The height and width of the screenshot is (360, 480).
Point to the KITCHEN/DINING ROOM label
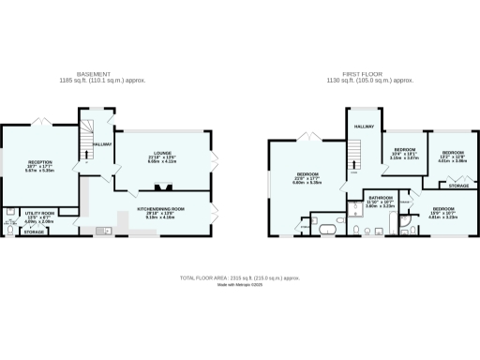[x=160, y=210]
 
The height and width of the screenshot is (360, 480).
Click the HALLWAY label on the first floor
[x=363, y=126]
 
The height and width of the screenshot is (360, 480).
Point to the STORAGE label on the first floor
[x=458, y=186]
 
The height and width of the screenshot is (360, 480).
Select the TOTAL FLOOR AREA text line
[x=239, y=278]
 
